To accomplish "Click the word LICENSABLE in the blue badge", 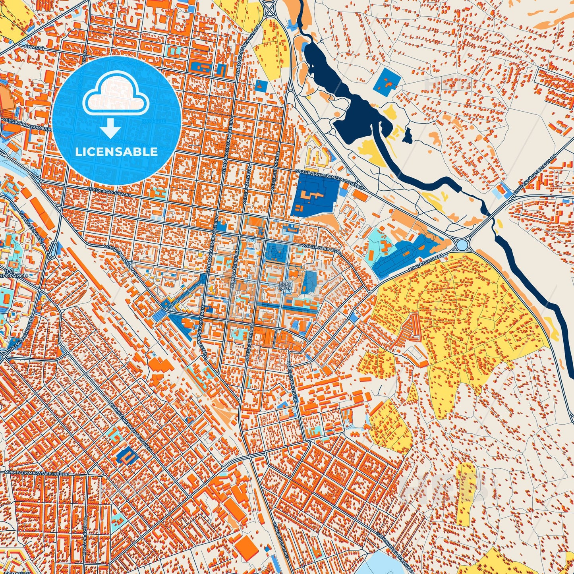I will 117,152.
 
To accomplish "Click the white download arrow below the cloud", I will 111,129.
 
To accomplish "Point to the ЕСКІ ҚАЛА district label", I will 285,285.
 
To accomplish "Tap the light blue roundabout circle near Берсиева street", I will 462,244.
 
